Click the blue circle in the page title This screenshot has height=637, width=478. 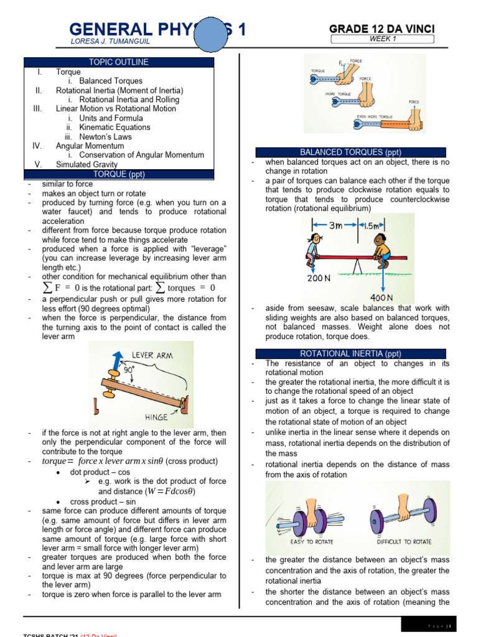point(214,35)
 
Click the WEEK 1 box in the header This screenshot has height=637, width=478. point(382,39)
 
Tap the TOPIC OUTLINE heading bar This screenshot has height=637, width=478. point(119,62)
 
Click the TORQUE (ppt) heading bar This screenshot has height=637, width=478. point(119,174)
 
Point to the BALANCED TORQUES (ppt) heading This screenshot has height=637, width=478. point(351,152)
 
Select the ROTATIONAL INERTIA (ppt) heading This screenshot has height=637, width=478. point(351,353)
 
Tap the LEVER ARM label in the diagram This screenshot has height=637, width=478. point(153,355)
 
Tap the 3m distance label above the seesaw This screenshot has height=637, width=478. point(335,226)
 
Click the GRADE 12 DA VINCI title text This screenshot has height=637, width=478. point(382,29)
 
